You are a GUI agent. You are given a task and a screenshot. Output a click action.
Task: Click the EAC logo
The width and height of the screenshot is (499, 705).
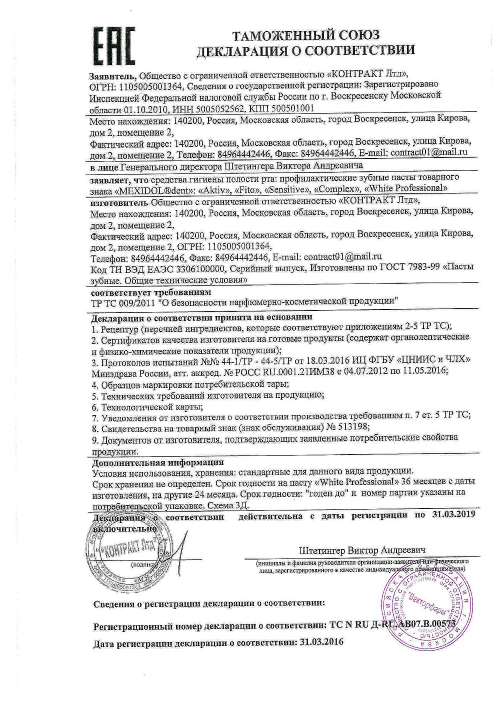(114, 46)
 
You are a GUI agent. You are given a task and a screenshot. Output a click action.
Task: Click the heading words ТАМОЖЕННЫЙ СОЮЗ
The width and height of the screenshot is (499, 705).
(305, 36)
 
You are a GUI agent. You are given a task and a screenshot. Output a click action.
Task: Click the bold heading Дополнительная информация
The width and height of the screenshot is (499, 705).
(158, 462)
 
